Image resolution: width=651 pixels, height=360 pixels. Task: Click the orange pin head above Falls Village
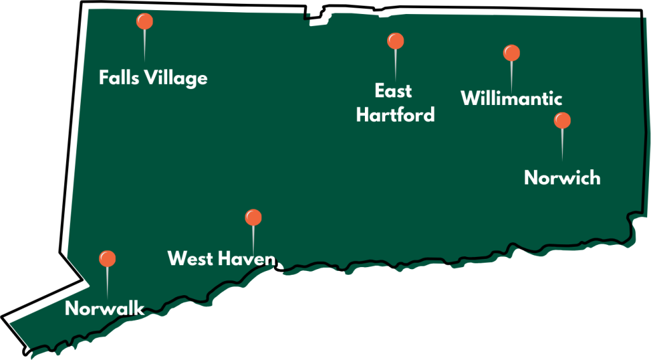(145, 22)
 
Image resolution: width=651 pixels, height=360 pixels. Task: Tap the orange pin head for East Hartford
(395, 41)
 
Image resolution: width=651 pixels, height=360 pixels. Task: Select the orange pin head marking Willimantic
(511, 53)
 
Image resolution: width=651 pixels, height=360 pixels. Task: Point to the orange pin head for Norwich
(562, 120)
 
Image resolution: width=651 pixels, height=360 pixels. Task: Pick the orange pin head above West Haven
(254, 218)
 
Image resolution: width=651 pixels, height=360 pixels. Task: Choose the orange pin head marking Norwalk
(107, 259)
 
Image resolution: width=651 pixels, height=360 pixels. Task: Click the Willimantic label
(511, 99)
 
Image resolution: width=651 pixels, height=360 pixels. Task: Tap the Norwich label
(562, 177)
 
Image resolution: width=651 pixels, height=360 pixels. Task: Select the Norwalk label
(105, 309)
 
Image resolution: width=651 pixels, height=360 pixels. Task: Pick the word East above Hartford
(393, 91)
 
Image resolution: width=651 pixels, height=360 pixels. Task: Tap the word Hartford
(395, 114)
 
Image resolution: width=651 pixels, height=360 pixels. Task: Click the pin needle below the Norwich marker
(562, 143)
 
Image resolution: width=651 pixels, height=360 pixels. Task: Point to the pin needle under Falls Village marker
(145, 45)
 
